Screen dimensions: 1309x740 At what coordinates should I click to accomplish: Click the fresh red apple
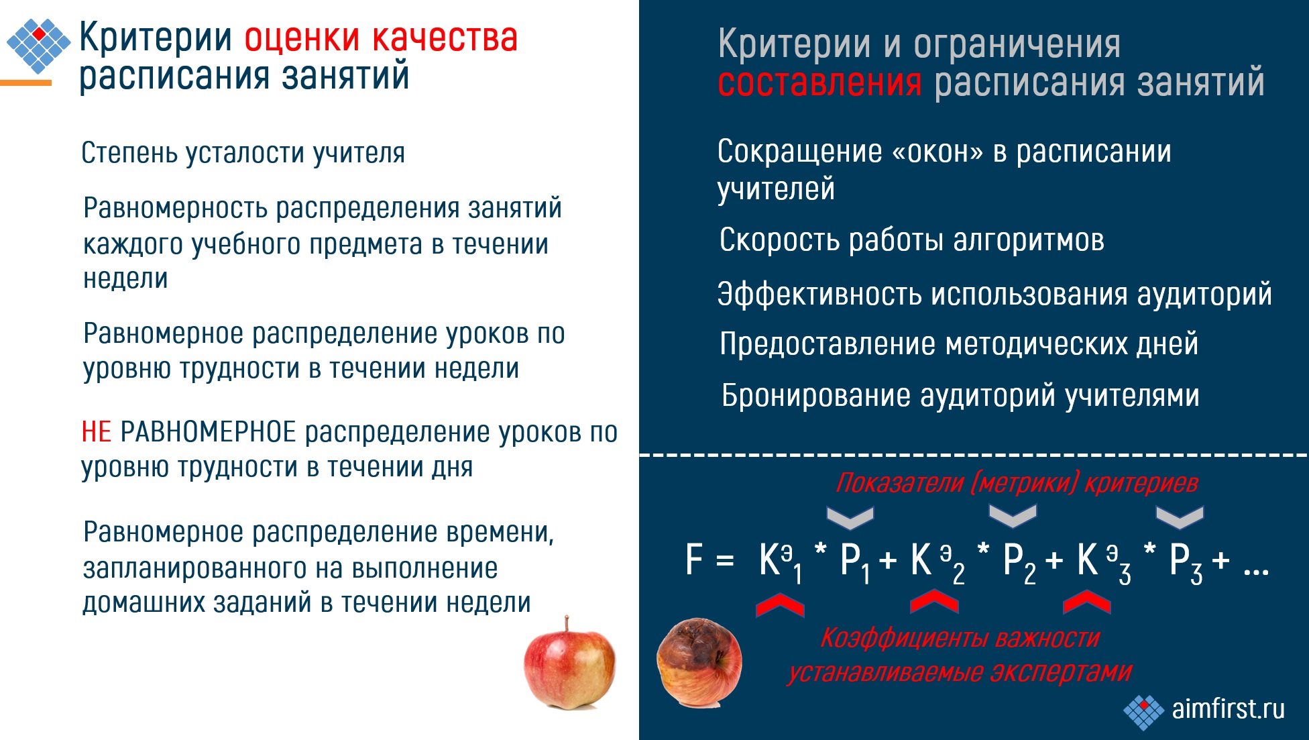[569, 668]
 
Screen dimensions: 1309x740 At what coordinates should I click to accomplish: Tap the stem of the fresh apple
[567, 623]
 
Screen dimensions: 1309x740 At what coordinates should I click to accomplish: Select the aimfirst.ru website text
[1228, 708]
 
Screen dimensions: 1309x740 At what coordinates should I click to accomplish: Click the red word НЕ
[96, 432]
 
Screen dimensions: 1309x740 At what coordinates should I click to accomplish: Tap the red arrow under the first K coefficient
[780, 604]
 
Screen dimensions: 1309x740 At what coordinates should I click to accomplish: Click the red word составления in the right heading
[819, 83]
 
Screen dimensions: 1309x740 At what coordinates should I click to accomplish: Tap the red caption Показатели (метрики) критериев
[1017, 483]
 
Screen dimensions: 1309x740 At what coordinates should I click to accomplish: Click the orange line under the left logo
[25, 83]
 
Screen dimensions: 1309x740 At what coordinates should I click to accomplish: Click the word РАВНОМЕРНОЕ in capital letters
[208, 432]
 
